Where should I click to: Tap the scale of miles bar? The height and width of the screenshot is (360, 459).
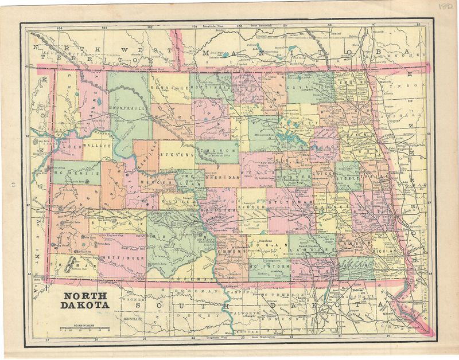(x=85, y=331)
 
